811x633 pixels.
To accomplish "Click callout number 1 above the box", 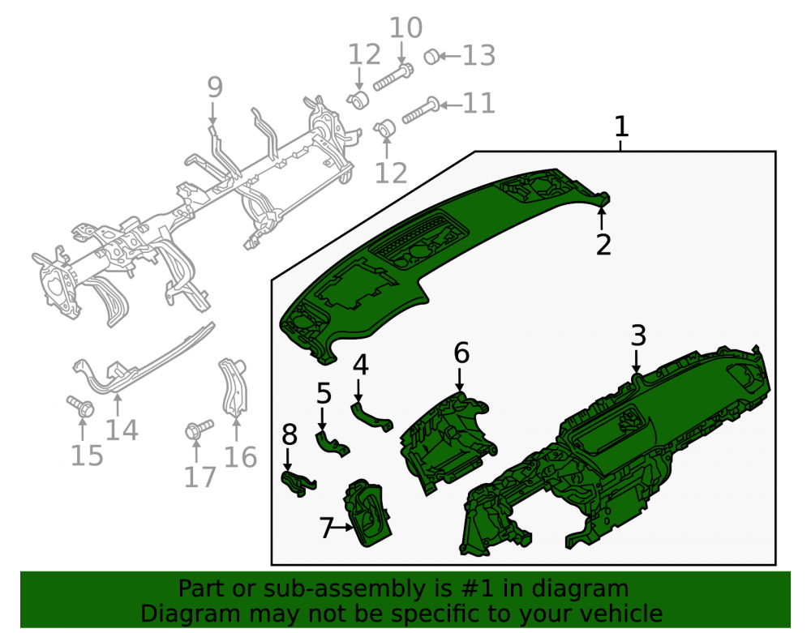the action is tap(621, 126).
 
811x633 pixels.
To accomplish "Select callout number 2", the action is tap(603, 245).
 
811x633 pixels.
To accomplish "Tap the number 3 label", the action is tap(638, 336).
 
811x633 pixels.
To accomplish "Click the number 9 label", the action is tap(215, 87).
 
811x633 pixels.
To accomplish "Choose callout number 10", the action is tap(406, 28).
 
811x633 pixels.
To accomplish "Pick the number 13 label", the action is tap(479, 55).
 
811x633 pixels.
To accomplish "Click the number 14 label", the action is tap(122, 430).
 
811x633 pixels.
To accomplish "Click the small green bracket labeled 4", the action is tap(370, 416).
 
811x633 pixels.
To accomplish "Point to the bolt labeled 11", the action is tap(420, 112).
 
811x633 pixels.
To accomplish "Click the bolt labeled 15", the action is tap(80, 406).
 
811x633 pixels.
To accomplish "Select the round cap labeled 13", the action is tap(432, 56).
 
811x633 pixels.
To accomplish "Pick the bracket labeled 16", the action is tap(234, 386).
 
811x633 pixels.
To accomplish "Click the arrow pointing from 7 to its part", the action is tap(343, 528).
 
